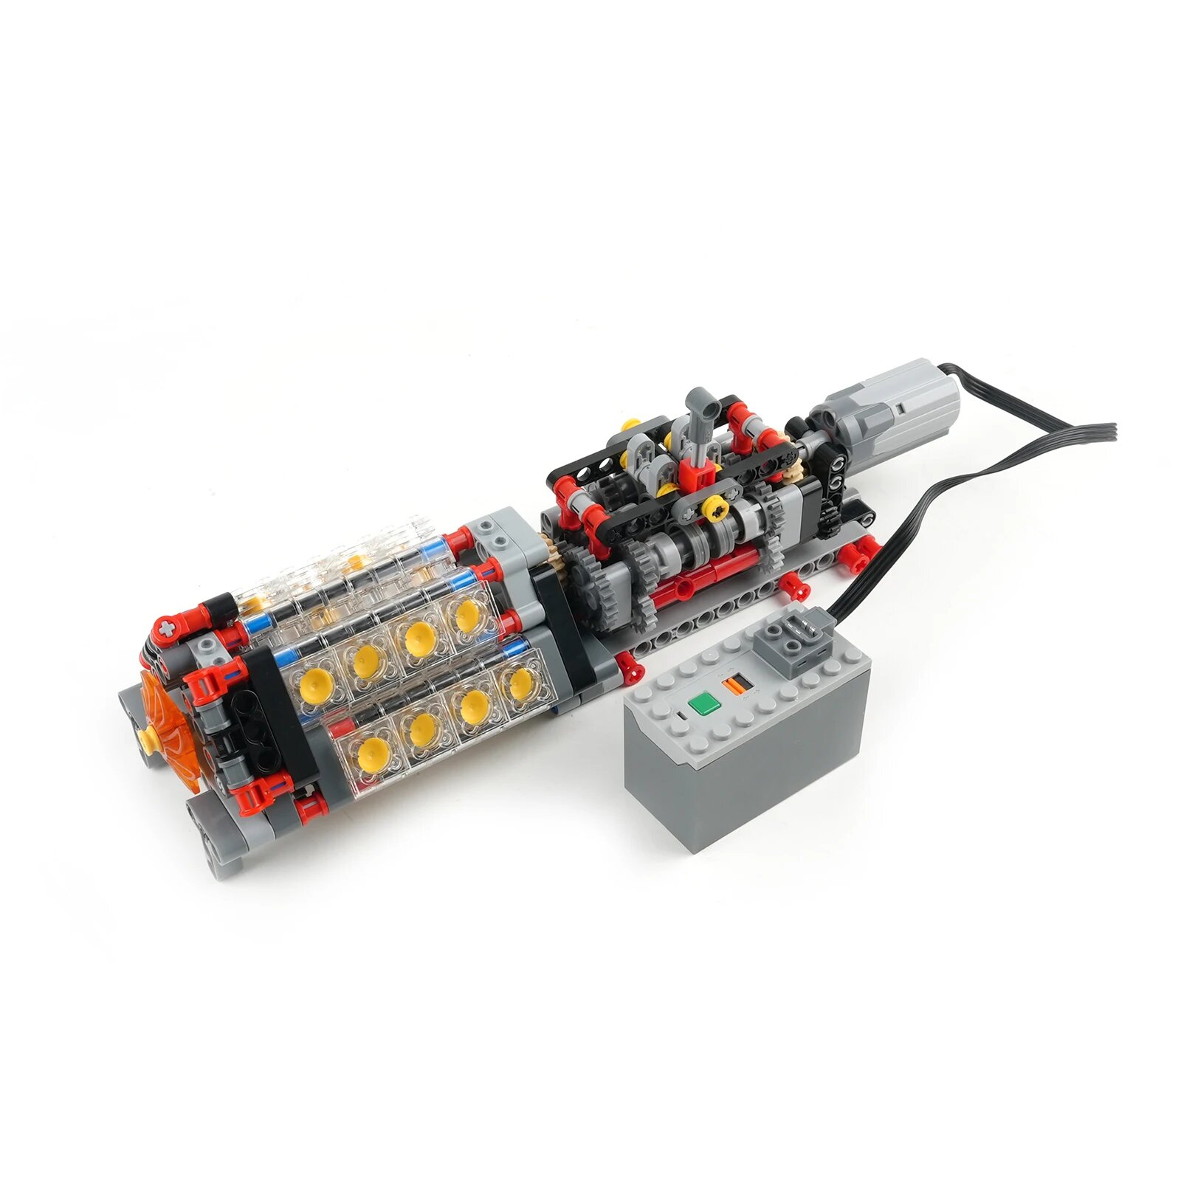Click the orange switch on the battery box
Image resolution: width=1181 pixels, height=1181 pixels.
[732, 684]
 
